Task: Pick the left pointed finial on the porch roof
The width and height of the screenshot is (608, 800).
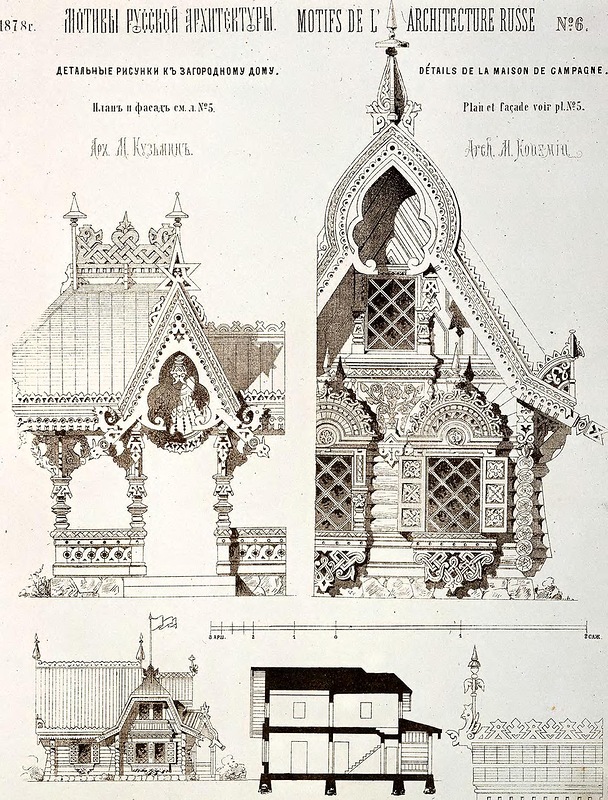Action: pyautogui.click(x=73, y=210)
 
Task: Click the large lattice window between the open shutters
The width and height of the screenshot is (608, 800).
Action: pyautogui.click(x=453, y=493)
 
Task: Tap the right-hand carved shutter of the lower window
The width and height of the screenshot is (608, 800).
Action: pyautogui.click(x=494, y=492)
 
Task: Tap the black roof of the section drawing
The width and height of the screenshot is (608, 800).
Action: pyautogui.click(x=330, y=680)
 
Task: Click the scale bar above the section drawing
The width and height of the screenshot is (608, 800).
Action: pyautogui.click(x=400, y=631)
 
